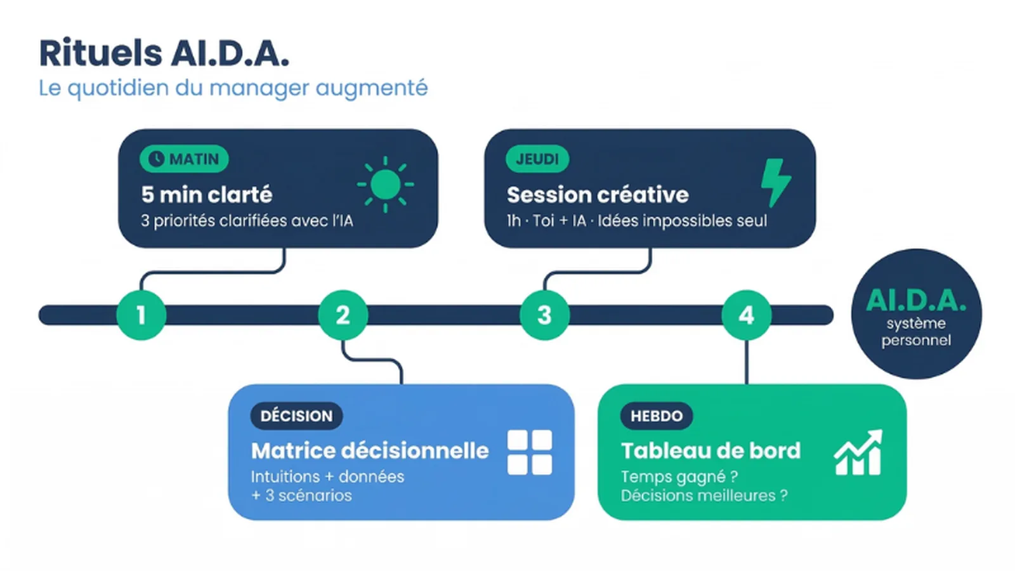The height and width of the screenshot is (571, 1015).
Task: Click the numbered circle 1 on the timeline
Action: pyautogui.click(x=141, y=315)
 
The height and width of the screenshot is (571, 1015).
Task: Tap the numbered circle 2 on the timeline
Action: pyautogui.click(x=343, y=315)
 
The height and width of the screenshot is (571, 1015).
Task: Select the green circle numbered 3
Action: pyautogui.click(x=544, y=315)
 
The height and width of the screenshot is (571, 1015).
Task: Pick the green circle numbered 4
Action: pyautogui.click(x=746, y=315)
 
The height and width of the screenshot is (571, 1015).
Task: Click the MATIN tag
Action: pyautogui.click(x=184, y=159)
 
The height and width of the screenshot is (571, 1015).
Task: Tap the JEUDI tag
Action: pyautogui.click(x=537, y=159)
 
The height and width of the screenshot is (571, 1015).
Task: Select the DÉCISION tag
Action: pyautogui.click(x=296, y=416)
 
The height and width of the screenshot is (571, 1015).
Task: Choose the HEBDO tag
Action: pyautogui.click(x=656, y=416)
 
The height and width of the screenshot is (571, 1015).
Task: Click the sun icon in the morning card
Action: pyautogui.click(x=385, y=185)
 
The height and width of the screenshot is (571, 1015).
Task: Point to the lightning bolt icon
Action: pyautogui.click(x=775, y=182)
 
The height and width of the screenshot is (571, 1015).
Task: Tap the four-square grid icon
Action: pyautogui.click(x=530, y=452)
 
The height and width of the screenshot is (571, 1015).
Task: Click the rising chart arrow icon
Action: pyautogui.click(x=858, y=452)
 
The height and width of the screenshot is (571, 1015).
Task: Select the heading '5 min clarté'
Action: pyautogui.click(x=207, y=194)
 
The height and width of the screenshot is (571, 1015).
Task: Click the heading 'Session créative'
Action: pyautogui.click(x=597, y=194)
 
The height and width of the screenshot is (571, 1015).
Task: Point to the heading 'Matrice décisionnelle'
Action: pyautogui.click(x=370, y=450)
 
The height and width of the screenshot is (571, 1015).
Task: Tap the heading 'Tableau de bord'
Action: pyautogui.click(x=710, y=450)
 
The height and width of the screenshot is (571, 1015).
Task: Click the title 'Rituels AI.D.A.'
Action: pyautogui.click(x=164, y=53)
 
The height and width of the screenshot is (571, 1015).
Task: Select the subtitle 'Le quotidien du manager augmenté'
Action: pyautogui.click(x=233, y=88)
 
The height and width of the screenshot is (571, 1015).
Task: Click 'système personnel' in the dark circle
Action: pyautogui.click(x=915, y=332)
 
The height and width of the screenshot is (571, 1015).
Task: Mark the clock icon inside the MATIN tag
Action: pyautogui.click(x=156, y=159)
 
